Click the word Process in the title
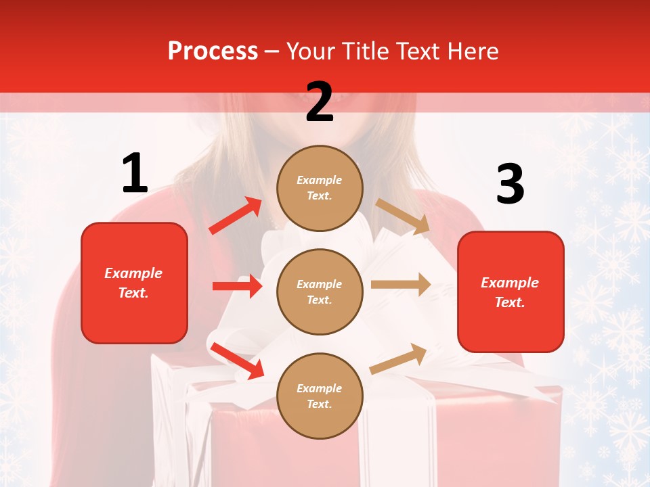[213, 51]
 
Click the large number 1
[135, 174]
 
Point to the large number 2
[320, 102]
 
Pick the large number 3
[510, 185]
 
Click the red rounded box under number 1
[134, 283]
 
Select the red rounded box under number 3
[511, 292]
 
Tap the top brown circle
[320, 188]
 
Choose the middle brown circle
[320, 292]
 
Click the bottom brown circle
[320, 396]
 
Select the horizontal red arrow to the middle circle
[237, 286]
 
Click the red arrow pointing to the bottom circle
[237, 361]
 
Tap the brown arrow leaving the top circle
[403, 216]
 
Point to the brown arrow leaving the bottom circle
[399, 358]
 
